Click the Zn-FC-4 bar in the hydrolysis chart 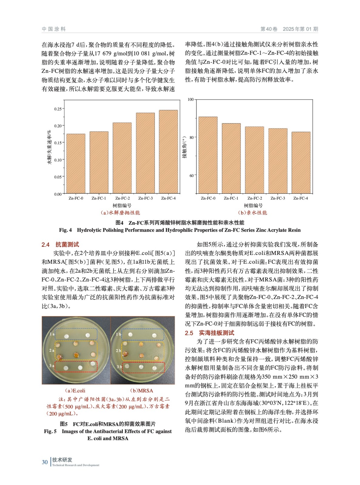coord(168,152)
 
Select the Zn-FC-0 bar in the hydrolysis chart coord(76,164)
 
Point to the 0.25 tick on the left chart coord(58,109)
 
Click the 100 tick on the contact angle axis coord(190,99)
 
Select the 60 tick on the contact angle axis coord(191,176)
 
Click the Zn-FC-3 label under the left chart coord(145,198)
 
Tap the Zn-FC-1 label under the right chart coord(231,198)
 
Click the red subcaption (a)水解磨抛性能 coord(120,213)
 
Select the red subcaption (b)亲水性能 coord(253,213)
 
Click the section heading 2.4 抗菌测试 coord(60,245)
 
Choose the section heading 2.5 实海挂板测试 coord(210,333)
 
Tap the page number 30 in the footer coord(45,462)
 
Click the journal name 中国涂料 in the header coord(54,29)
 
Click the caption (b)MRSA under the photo coord(141,391)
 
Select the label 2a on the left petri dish coord(52,350)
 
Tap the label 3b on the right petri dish coord(119,366)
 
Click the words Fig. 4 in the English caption coord(65,230)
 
